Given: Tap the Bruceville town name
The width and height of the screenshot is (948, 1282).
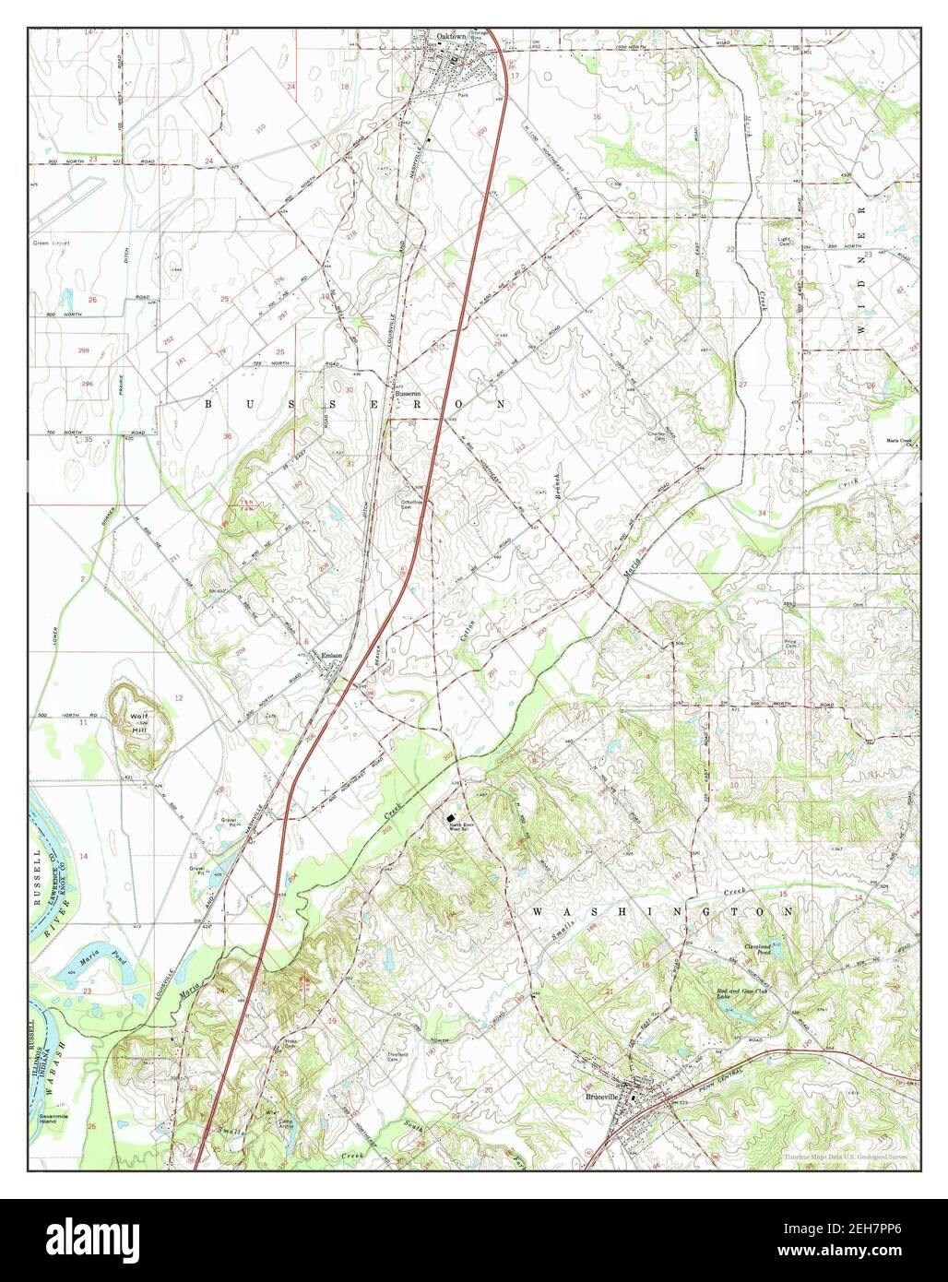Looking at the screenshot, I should tap(599, 1098).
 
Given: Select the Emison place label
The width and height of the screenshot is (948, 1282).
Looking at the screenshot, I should tap(331, 656).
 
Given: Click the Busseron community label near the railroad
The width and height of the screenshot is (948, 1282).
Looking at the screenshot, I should tap(408, 392).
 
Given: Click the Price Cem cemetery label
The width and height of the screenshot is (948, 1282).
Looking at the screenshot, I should tap(790, 648).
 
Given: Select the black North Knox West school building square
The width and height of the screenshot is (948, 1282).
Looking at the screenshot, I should tap(450, 818).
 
